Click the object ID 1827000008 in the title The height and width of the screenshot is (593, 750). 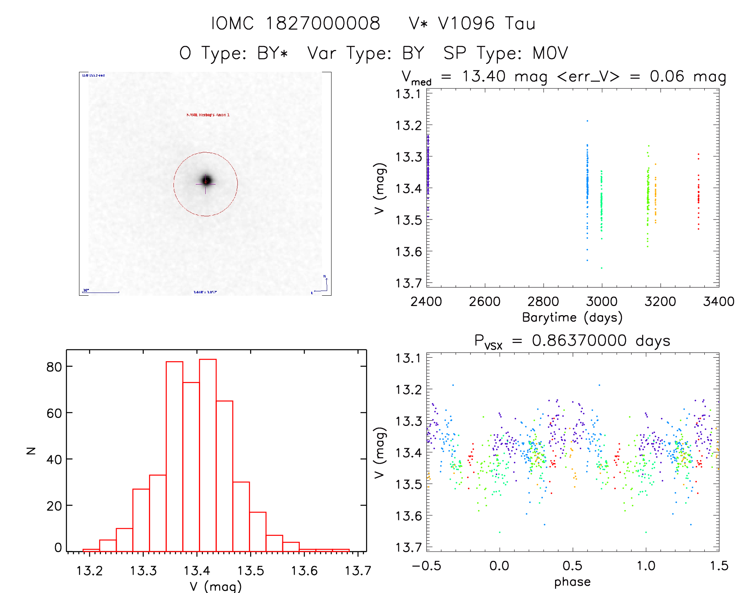coord(322,23)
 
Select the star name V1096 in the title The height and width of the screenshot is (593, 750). coord(466,23)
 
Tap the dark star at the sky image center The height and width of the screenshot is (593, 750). coord(206,180)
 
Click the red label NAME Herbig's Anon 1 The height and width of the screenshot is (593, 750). coord(208,115)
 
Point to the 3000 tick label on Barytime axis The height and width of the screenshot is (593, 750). coord(602,302)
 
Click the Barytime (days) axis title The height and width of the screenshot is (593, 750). coord(572,318)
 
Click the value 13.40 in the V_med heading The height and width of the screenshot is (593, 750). coord(484,76)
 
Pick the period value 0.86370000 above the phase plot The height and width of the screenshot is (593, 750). coord(579,341)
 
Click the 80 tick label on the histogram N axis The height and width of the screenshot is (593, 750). coord(54,367)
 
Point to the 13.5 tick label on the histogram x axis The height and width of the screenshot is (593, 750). coord(251,571)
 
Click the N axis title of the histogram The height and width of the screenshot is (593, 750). coord(31,451)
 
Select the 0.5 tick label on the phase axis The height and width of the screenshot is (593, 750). coord(572,566)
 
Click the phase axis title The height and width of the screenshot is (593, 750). coord(572,582)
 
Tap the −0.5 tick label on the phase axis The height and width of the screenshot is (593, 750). coord(426,566)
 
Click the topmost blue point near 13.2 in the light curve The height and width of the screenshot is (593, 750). coord(587,121)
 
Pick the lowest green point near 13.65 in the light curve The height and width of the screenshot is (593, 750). coord(602,268)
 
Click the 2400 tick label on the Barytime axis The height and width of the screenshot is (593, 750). coord(426,302)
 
